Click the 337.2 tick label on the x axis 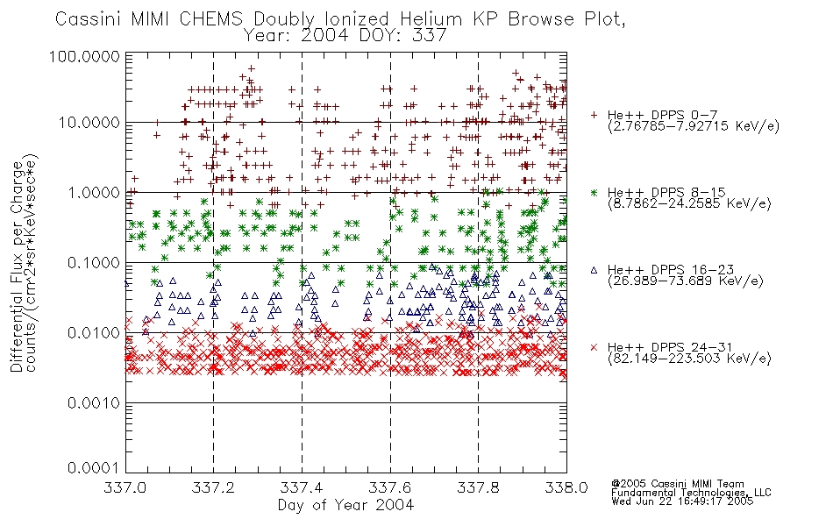213,487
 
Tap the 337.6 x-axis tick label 390,487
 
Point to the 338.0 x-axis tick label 566,487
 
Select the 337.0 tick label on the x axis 125,487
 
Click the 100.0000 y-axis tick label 84,56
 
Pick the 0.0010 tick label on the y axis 94,403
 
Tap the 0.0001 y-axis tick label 94,468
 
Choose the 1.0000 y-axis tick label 94,193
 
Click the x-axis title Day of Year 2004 345,505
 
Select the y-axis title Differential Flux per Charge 17,267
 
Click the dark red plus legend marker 594,115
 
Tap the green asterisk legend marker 594,192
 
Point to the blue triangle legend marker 594,270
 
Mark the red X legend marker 594,347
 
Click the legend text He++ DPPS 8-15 666,192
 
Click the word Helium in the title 431,19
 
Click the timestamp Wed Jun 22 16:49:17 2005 682,501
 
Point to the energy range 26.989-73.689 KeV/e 686,281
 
